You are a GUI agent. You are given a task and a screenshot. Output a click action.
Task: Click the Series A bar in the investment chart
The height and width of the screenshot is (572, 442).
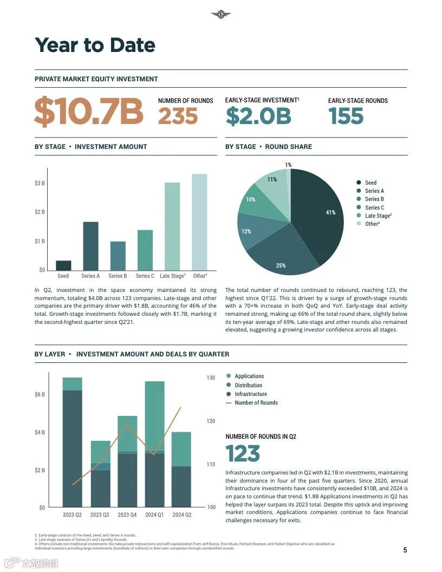coord(90,246)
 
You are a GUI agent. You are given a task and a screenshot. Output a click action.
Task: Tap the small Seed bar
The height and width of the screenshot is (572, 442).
coord(63,265)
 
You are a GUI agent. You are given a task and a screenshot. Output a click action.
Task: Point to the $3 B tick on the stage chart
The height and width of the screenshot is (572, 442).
coord(40,183)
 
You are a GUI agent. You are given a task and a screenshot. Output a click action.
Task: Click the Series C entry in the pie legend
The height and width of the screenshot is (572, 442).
coord(374,207)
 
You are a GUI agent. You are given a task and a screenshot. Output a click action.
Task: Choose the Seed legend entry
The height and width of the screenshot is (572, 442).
coord(370,183)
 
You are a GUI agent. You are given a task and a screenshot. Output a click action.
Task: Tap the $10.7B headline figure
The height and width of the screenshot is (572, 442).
coord(89,112)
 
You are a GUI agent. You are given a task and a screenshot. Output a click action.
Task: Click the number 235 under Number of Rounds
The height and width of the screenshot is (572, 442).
coord(178,116)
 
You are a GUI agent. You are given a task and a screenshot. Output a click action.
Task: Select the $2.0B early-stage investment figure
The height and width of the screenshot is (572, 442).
coord(258,116)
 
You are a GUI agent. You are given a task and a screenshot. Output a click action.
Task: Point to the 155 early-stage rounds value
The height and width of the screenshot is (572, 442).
coord(346,116)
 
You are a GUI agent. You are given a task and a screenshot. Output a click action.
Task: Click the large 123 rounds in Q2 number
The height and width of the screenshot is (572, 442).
coord(243,454)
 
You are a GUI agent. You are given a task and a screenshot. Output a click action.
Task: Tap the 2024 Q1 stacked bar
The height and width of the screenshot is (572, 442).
coord(154,444)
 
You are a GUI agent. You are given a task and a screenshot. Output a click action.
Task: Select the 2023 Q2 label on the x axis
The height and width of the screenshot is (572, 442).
coord(72,515)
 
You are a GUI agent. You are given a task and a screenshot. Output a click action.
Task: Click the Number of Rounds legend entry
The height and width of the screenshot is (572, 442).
coord(256,402)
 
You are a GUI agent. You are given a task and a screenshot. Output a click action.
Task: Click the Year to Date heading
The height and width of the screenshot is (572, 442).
coord(95,45)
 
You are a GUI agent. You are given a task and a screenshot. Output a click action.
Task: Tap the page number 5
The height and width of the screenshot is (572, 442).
coord(405,550)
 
